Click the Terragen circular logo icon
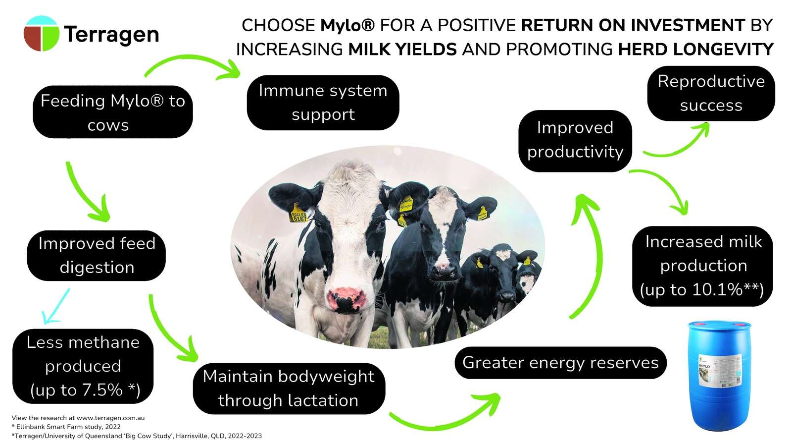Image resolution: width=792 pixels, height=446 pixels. tap(42, 34)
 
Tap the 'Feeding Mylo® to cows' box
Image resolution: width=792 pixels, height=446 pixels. tap(112, 112)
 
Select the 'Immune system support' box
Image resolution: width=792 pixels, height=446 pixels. tap(323, 103)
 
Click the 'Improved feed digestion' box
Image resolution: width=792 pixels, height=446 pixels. tap(97, 255)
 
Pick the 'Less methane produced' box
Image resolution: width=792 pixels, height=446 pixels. tap(83, 366)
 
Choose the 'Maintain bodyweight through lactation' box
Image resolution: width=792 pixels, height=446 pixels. tap(289, 389)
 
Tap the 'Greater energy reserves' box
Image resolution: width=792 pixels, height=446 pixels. tap(560, 363)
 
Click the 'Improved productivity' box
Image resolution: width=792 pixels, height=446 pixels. tap(575, 140)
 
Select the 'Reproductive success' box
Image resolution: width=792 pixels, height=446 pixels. tap(711, 93)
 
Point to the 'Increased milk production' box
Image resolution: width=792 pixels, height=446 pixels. tap(702, 266)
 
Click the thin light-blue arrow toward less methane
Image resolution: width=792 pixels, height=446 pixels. tap(55, 307)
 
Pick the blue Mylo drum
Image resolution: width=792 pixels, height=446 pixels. tap(720, 375)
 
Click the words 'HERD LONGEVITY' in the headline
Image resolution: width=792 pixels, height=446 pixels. tap(695, 50)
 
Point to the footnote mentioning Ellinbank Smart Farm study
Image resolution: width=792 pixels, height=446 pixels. tap(66, 427)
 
